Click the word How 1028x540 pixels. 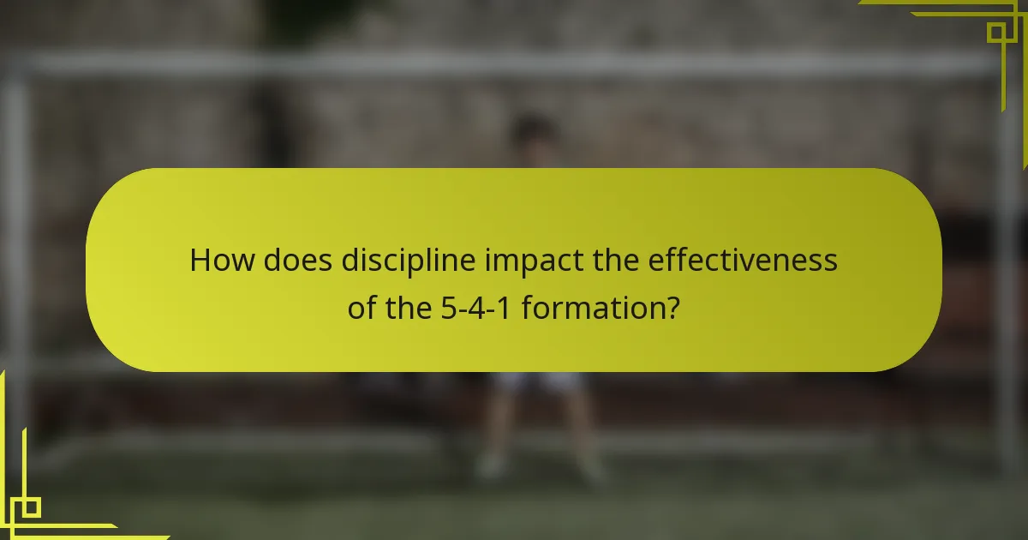coord(221,260)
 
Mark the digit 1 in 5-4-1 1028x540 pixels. coord(505,306)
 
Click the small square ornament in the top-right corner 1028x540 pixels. coord(995,32)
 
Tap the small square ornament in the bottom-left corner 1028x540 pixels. coord(30,507)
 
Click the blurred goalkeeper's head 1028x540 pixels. coord(532,133)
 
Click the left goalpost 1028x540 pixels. coord(15,257)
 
